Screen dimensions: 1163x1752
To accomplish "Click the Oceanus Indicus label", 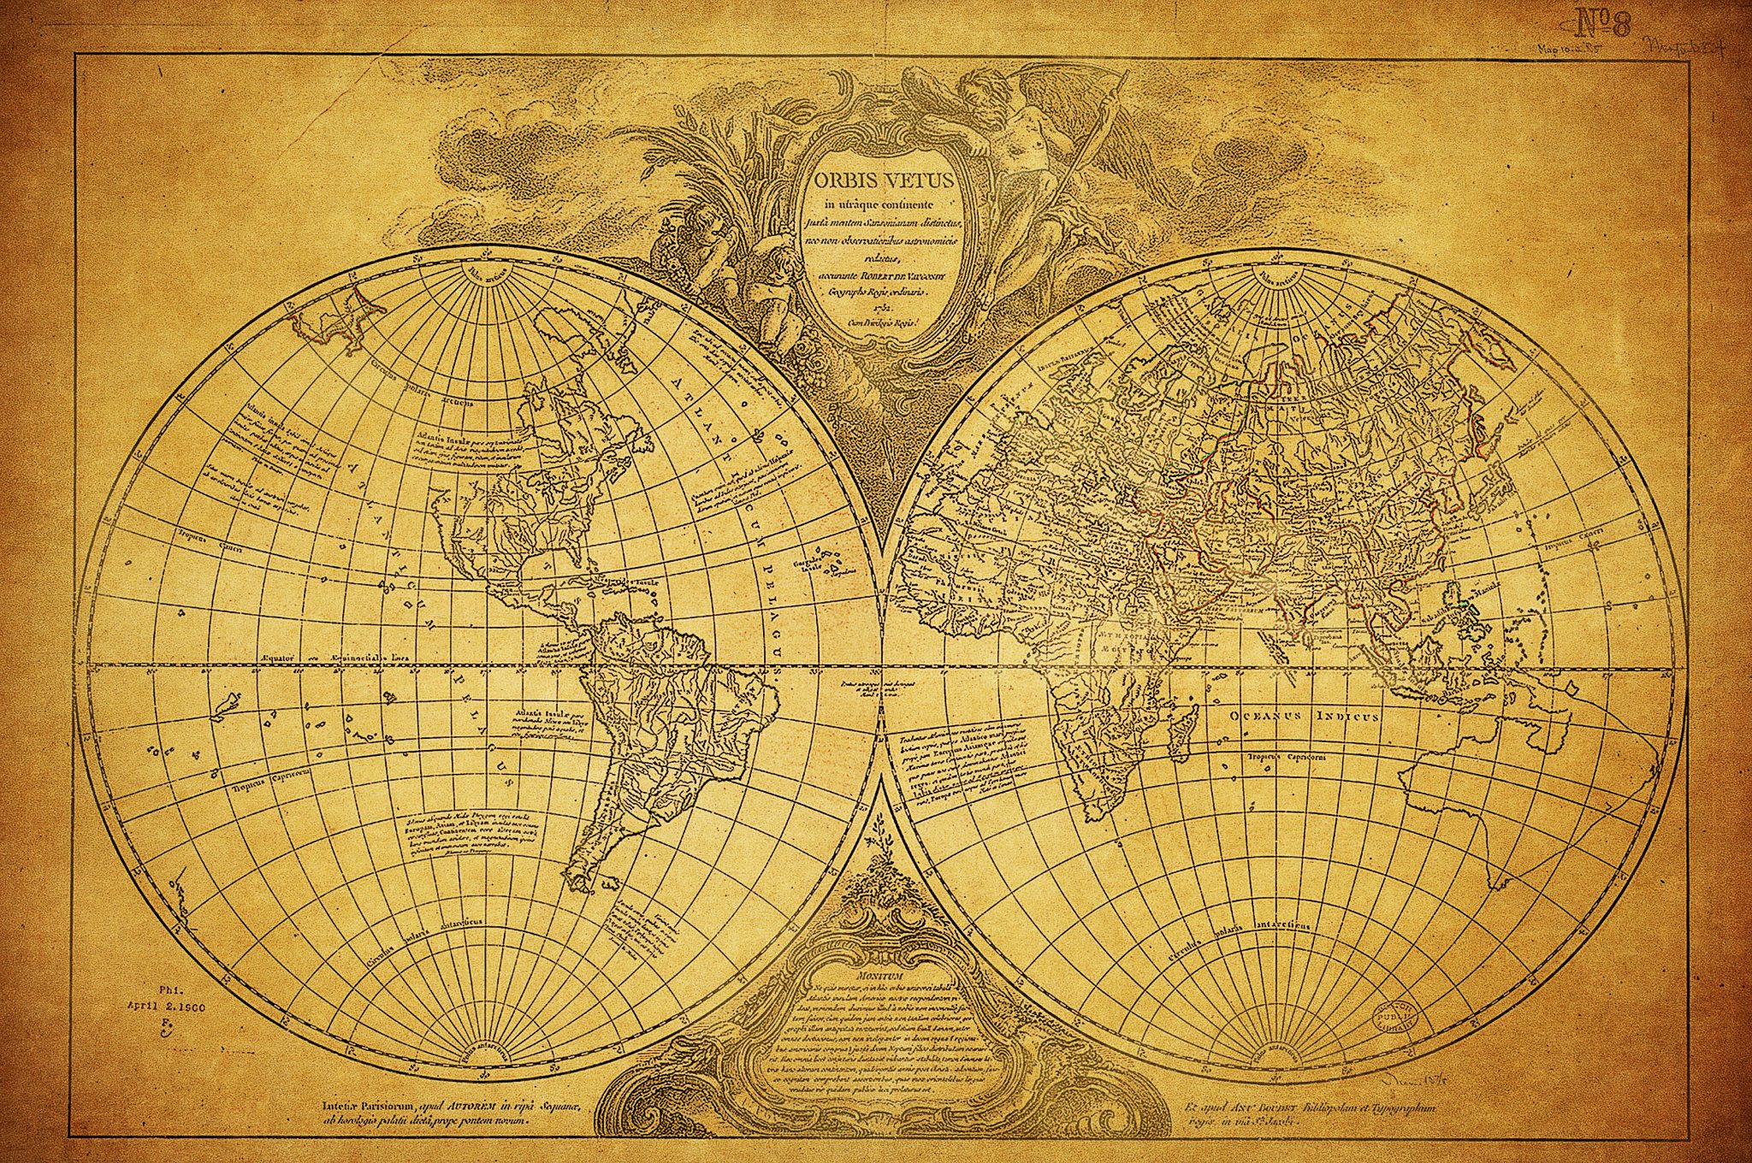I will coord(1304,716).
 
